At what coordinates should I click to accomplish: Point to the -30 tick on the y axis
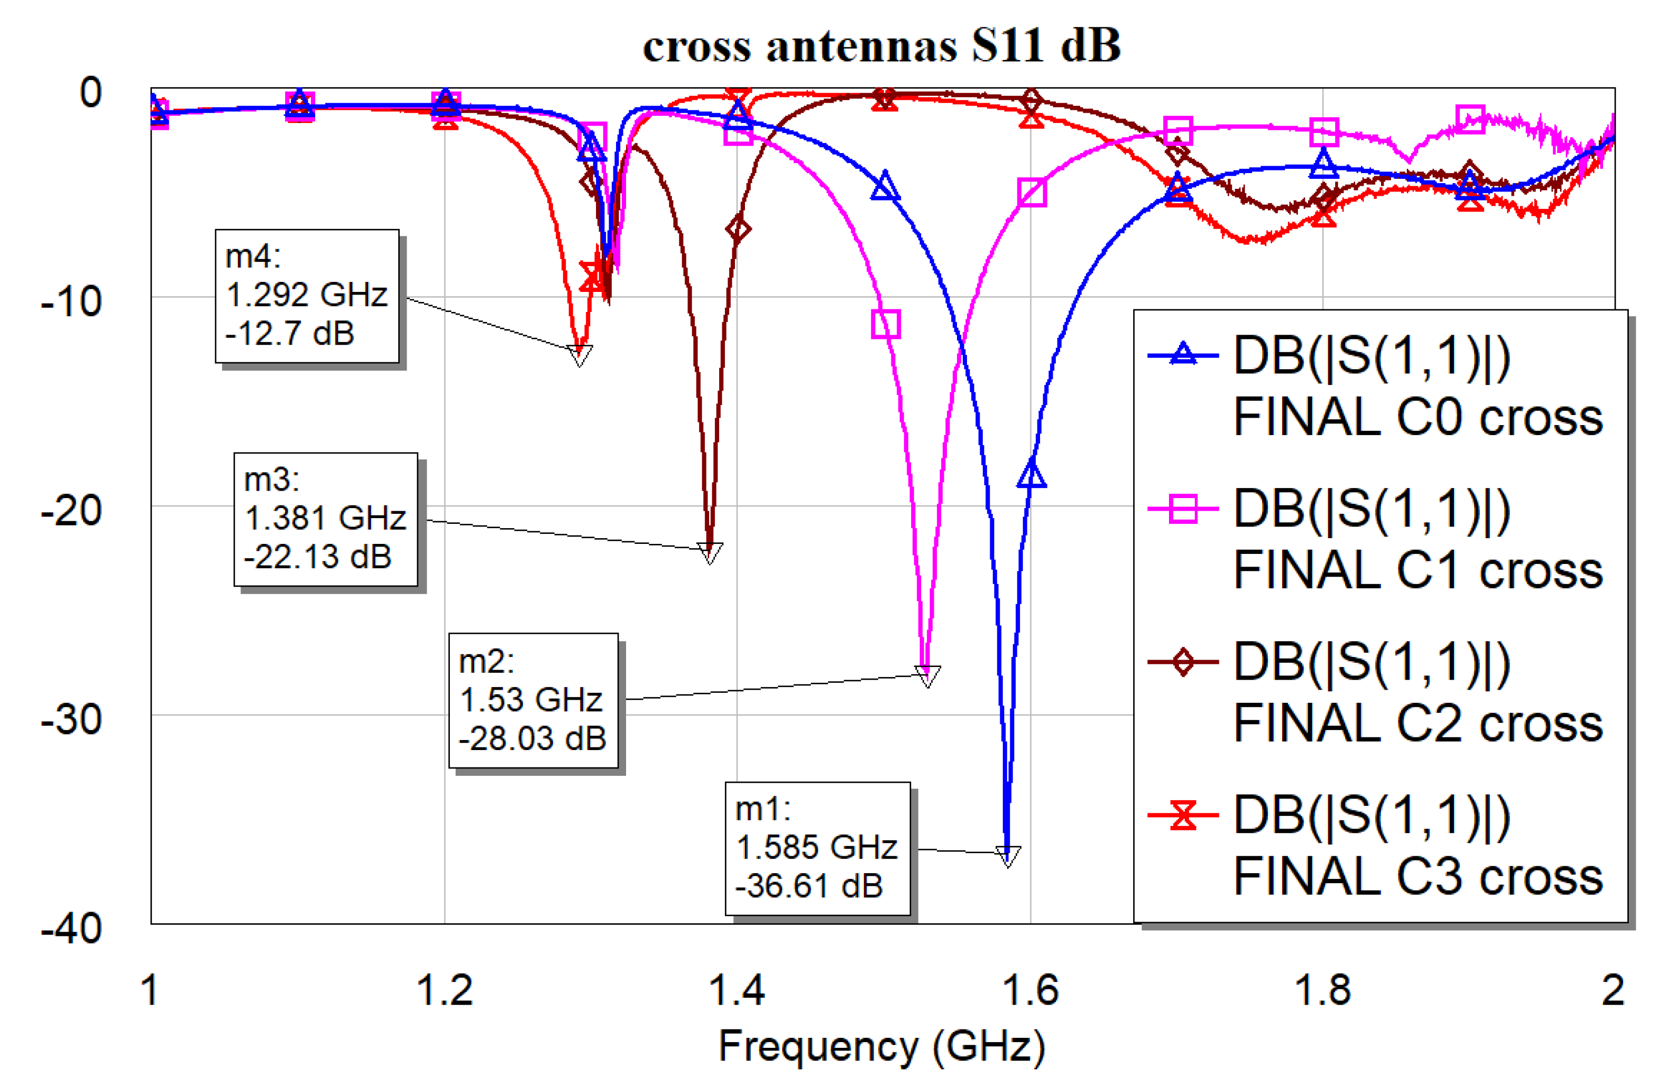pyautogui.click(x=72, y=720)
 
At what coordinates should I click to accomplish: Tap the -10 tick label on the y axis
pyautogui.click(x=72, y=301)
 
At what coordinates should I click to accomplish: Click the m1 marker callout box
pyautogui.click(x=817, y=847)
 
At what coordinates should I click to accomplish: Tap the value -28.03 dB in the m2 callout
pyautogui.click(x=531, y=739)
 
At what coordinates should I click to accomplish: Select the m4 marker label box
pyautogui.click(x=307, y=295)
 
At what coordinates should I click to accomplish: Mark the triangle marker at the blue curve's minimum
pyautogui.click(x=1007, y=856)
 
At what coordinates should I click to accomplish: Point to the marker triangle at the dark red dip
pyautogui.click(x=709, y=552)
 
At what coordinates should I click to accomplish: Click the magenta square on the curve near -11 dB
pyautogui.click(x=885, y=324)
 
